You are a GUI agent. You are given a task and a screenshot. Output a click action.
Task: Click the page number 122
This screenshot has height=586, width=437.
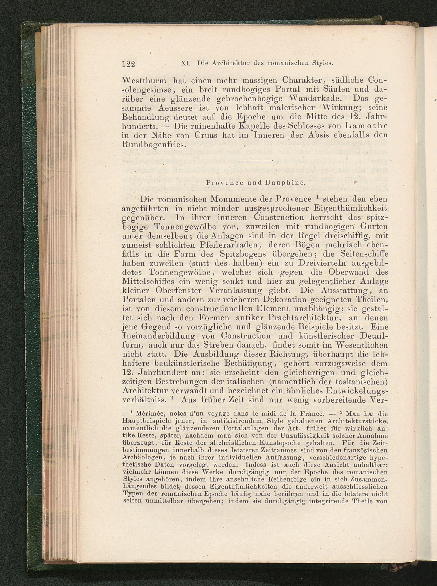click(x=128, y=64)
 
